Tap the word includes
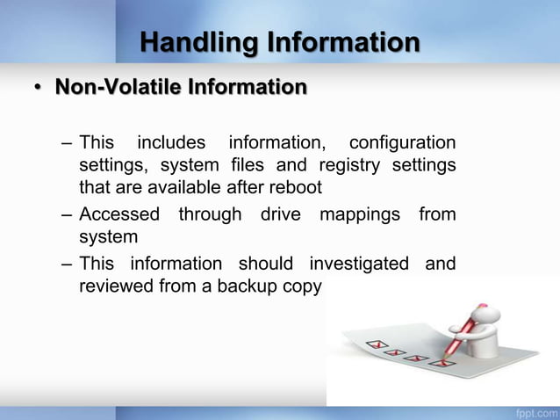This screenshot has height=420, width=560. [171, 142]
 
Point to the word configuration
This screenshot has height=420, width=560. [402, 142]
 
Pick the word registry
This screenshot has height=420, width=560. [350, 164]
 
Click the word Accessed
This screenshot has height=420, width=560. [119, 214]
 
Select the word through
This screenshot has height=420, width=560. [211, 214]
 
